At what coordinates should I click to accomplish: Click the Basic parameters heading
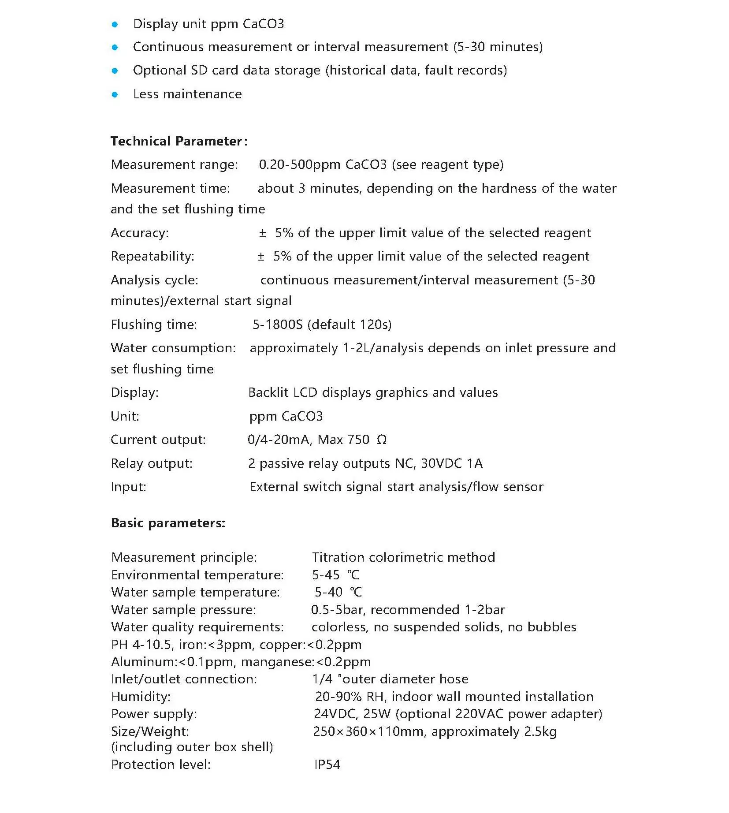pos(168,523)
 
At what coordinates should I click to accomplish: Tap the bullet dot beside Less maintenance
pos(115,94)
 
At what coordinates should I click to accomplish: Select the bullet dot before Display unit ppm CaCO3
pos(115,24)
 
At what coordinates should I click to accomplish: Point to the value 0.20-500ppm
pos(299,164)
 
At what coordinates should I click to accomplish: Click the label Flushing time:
pos(154,324)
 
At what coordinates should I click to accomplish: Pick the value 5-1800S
pos(278,324)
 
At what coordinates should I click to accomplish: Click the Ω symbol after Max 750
pos(382,440)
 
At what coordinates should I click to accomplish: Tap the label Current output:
pos(158,440)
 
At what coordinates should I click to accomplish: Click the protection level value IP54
pos(327,765)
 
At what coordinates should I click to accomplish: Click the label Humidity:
pos(141,697)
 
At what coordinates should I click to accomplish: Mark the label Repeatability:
pos(152,256)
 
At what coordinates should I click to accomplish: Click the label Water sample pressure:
pos(183,610)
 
